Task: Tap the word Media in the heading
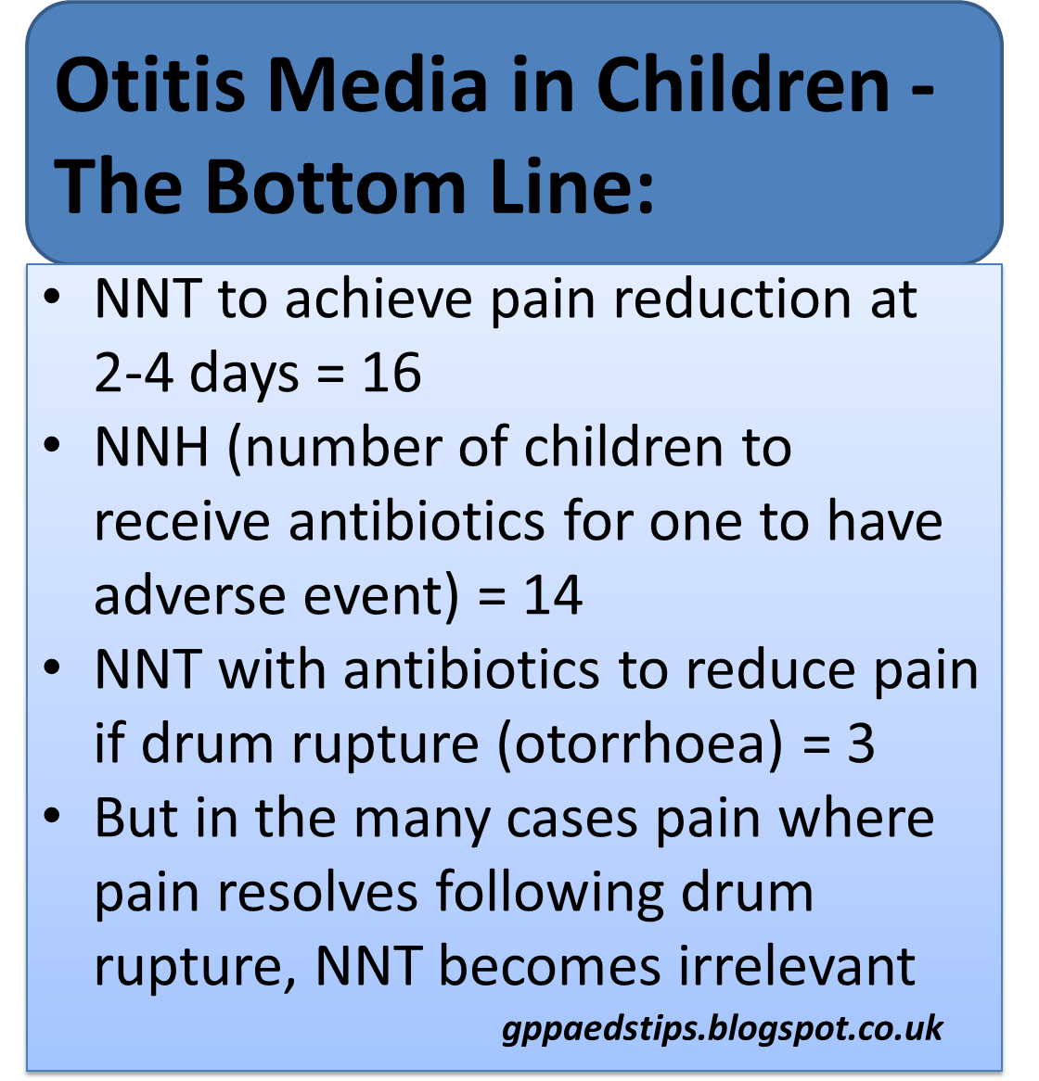point(377,85)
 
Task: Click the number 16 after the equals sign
point(391,374)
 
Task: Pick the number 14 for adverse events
point(553,595)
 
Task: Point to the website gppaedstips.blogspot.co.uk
point(723,1029)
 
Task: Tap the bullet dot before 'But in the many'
point(52,816)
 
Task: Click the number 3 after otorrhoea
point(861,744)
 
